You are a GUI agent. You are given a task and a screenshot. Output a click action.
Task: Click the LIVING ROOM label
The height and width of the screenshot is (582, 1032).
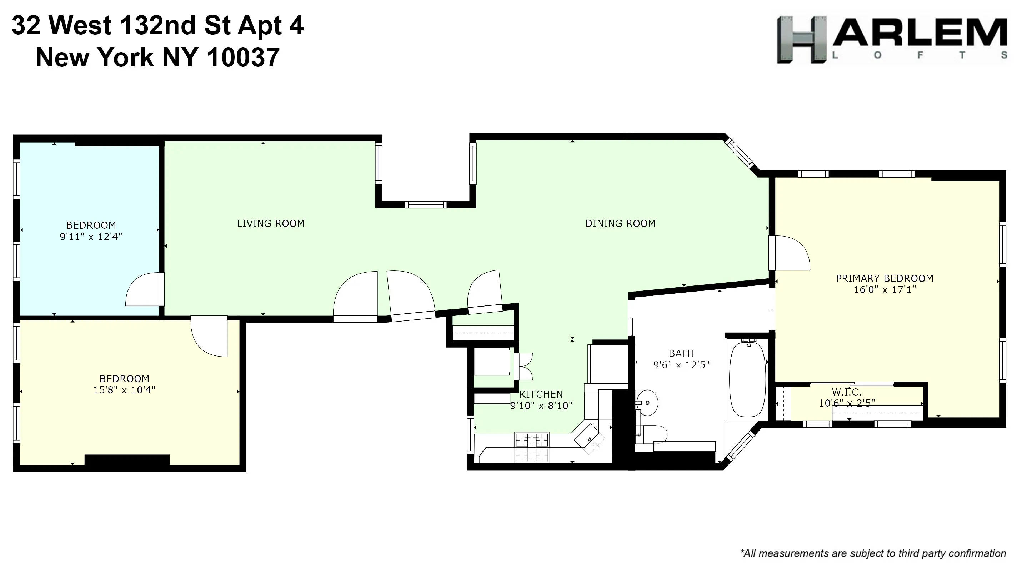(271, 224)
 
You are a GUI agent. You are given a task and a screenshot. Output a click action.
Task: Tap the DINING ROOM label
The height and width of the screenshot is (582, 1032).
(620, 224)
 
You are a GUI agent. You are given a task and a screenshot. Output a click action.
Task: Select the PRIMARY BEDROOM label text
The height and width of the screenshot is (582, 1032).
(884, 279)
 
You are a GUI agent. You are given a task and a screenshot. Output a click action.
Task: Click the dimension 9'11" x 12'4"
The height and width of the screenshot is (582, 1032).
(91, 237)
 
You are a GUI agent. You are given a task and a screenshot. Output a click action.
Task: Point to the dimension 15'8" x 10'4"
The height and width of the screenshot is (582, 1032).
(124, 390)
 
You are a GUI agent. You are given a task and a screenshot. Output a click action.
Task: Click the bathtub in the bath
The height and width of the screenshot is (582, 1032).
(747, 379)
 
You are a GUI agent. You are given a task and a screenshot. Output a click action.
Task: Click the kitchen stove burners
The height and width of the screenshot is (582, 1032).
(532, 440)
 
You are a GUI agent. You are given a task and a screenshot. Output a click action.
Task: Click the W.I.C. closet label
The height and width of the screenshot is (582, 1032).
(846, 392)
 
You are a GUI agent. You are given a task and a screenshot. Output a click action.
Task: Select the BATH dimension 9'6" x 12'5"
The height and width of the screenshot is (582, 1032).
(681, 365)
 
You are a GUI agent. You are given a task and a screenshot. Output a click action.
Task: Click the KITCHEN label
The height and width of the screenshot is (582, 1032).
(541, 394)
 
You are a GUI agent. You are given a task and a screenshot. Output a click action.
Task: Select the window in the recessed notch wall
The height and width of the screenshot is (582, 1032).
(425, 205)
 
